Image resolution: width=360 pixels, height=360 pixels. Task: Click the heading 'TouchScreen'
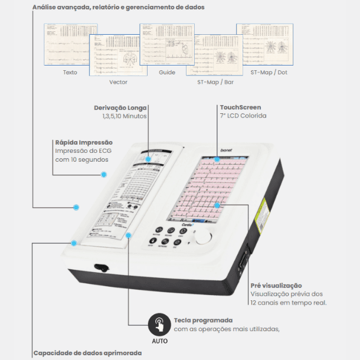click(240, 107)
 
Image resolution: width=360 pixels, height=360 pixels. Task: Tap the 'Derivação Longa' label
click(120, 107)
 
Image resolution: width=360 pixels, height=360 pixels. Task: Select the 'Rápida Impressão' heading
click(83, 142)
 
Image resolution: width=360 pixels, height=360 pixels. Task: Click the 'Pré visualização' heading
click(276, 286)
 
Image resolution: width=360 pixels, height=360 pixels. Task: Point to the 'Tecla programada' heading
click(203, 320)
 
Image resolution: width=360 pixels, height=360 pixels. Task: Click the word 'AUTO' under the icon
click(159, 341)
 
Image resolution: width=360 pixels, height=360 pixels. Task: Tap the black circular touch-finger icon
click(159, 325)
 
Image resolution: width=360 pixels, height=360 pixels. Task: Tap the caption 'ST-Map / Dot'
click(269, 72)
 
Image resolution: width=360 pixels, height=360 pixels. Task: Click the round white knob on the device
click(203, 237)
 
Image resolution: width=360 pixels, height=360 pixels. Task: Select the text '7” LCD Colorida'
click(243, 116)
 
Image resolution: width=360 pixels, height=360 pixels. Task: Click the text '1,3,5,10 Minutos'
click(124, 116)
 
